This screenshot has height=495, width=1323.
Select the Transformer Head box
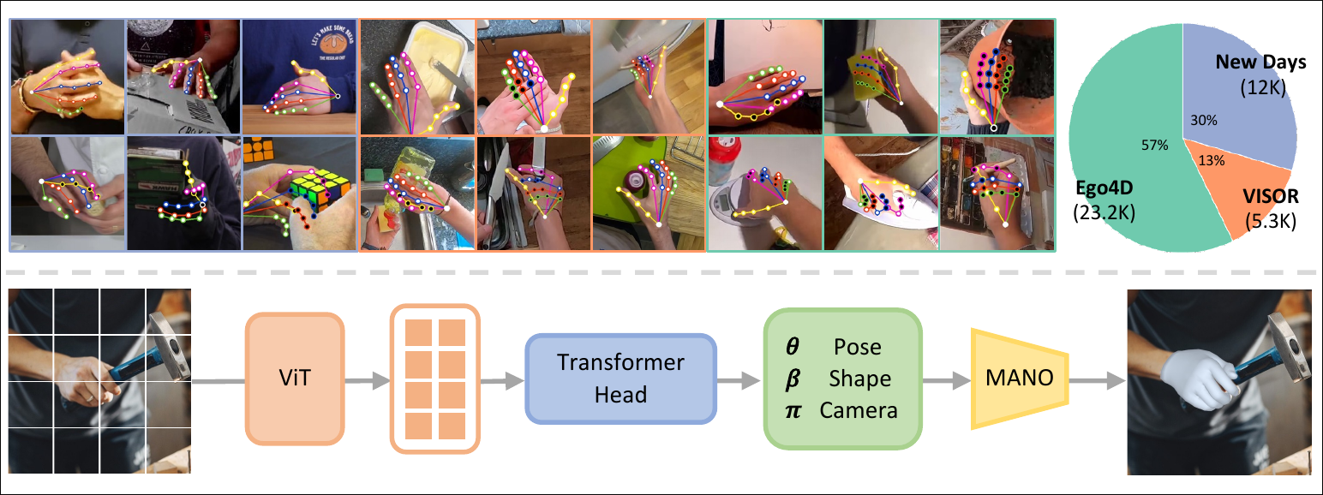tap(620, 378)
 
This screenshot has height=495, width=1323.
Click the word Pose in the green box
tap(856, 347)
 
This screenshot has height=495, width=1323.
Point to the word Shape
tap(859, 379)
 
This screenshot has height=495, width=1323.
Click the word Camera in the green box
tap(858, 410)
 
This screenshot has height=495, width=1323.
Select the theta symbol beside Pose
tap(793, 347)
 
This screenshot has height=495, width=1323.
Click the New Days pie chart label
tap(1260, 63)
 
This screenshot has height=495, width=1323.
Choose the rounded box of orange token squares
tap(434, 378)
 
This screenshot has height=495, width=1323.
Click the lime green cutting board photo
tap(649, 193)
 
